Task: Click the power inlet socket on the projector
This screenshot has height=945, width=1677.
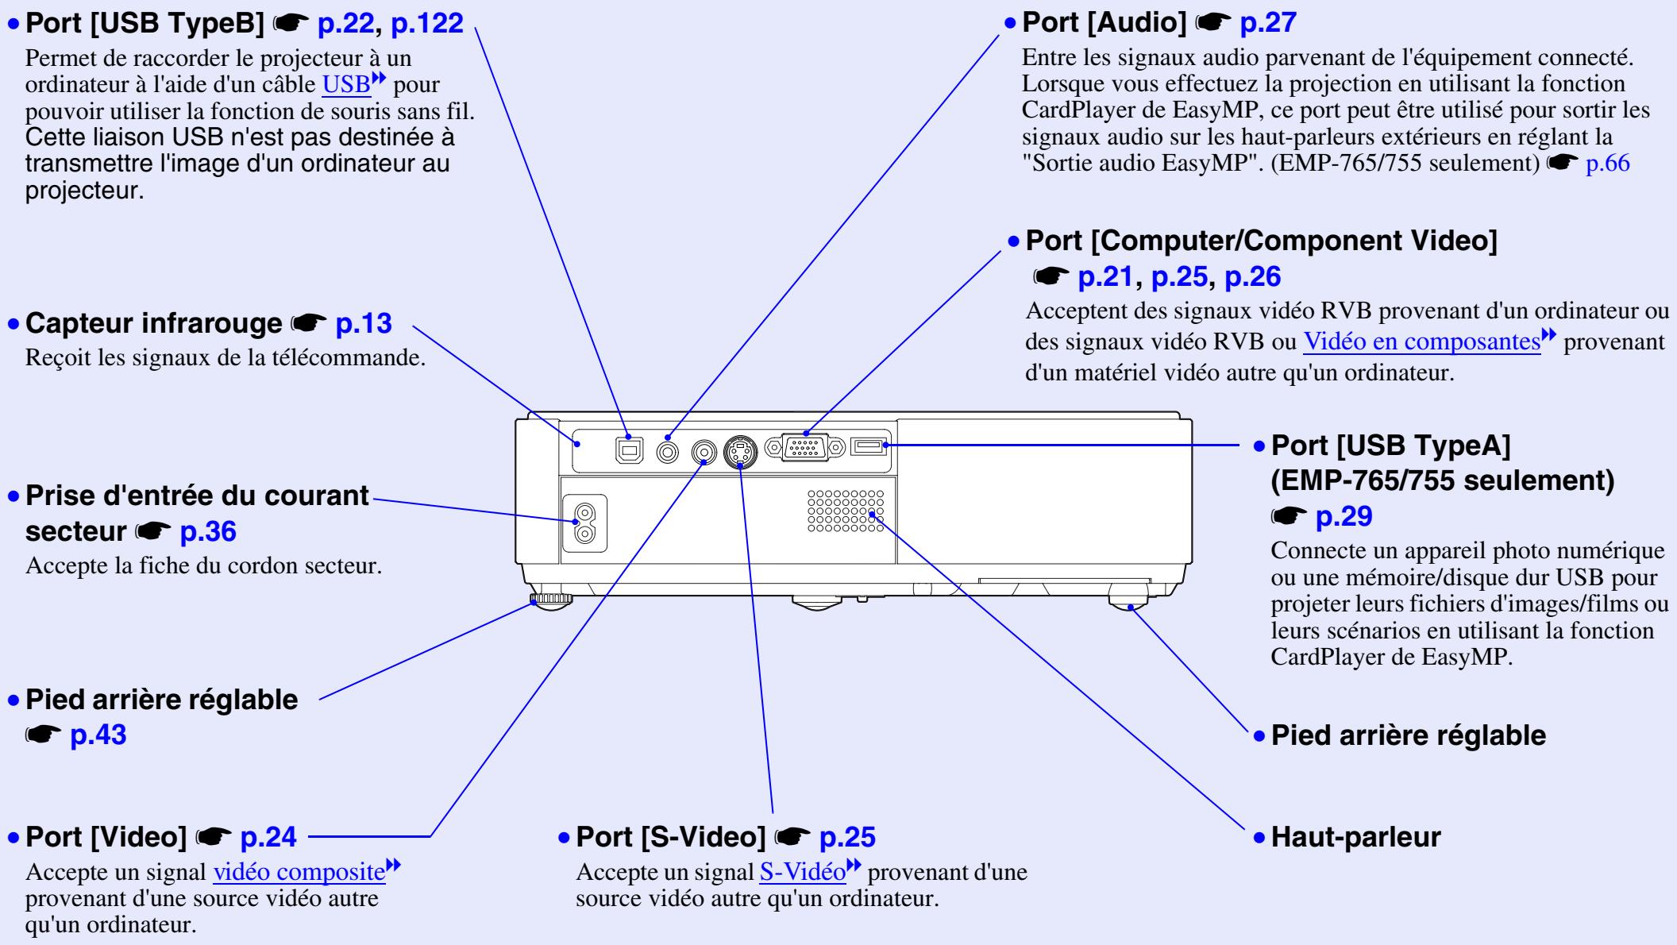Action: click(x=584, y=522)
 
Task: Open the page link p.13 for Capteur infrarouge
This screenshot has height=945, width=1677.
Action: click(x=364, y=324)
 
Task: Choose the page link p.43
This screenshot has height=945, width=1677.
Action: click(x=98, y=735)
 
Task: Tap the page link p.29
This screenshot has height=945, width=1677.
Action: click(x=1344, y=518)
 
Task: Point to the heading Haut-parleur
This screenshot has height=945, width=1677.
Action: click(x=1355, y=837)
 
